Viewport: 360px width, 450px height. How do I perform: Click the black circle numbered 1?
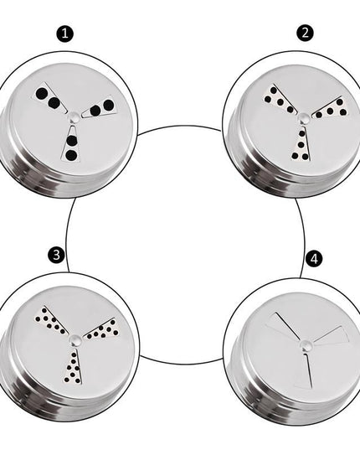point(64,34)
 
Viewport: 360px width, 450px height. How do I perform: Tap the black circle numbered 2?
point(305,33)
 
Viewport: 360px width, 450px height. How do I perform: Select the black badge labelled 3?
point(56,255)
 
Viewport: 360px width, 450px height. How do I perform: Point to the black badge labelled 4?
point(314,259)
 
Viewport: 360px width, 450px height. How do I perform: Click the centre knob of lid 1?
point(74,116)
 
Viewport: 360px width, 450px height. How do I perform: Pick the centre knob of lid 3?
point(75,339)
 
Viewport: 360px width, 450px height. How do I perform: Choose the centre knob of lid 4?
point(306,344)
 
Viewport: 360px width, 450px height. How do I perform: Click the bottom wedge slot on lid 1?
point(71,142)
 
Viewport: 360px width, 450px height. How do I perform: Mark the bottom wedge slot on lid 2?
point(301,143)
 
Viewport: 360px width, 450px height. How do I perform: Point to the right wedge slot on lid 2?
point(331,108)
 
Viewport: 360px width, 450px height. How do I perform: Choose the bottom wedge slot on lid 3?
point(73,366)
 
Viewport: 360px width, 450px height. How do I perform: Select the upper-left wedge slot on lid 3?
point(51,320)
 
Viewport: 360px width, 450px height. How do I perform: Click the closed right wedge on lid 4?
point(332,334)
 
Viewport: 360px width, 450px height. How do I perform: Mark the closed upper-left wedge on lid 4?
point(282,325)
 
